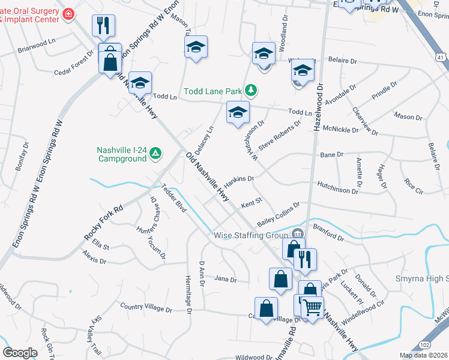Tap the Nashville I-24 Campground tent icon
tap(155, 154)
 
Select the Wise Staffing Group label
tap(251, 235)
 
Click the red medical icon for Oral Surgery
tap(69, 14)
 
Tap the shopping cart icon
tap(312, 307)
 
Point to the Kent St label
tap(252, 204)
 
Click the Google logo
tap(20, 352)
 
